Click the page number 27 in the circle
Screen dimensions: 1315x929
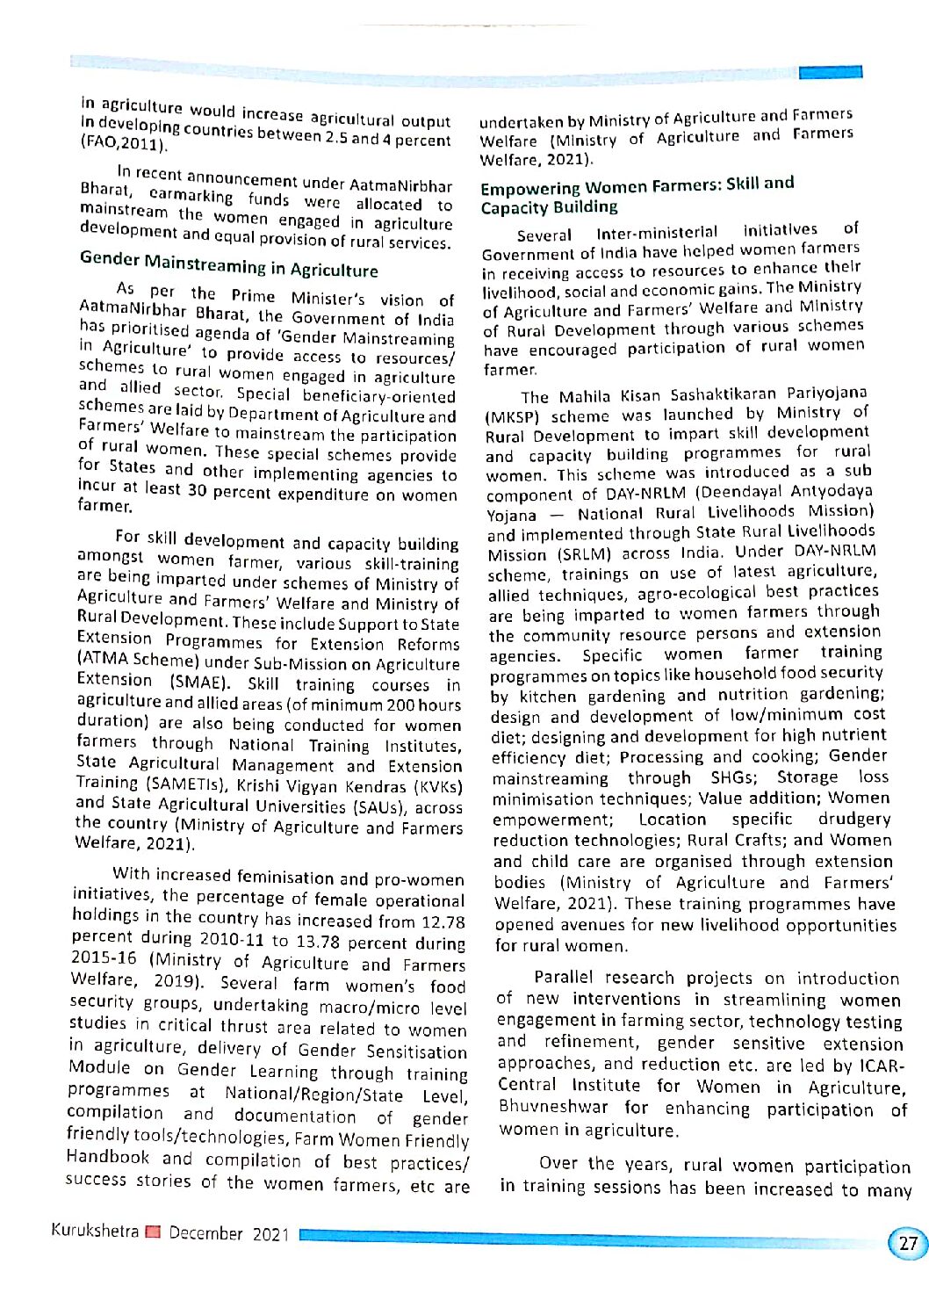[x=908, y=1243]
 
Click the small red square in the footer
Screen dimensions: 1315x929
[x=154, y=1232]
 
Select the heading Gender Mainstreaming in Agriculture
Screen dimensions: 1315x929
[x=228, y=264]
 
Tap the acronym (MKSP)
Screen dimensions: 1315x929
[x=513, y=416]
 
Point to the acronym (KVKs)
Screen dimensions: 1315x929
[x=437, y=787]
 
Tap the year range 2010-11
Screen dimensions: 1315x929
[x=231, y=939]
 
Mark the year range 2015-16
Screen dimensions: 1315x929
[x=104, y=957]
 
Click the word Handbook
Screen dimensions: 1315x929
[x=108, y=1156]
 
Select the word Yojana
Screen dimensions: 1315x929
[x=512, y=515]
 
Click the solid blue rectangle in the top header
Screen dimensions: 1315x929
[x=830, y=72]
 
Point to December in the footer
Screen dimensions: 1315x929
[x=205, y=1232]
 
